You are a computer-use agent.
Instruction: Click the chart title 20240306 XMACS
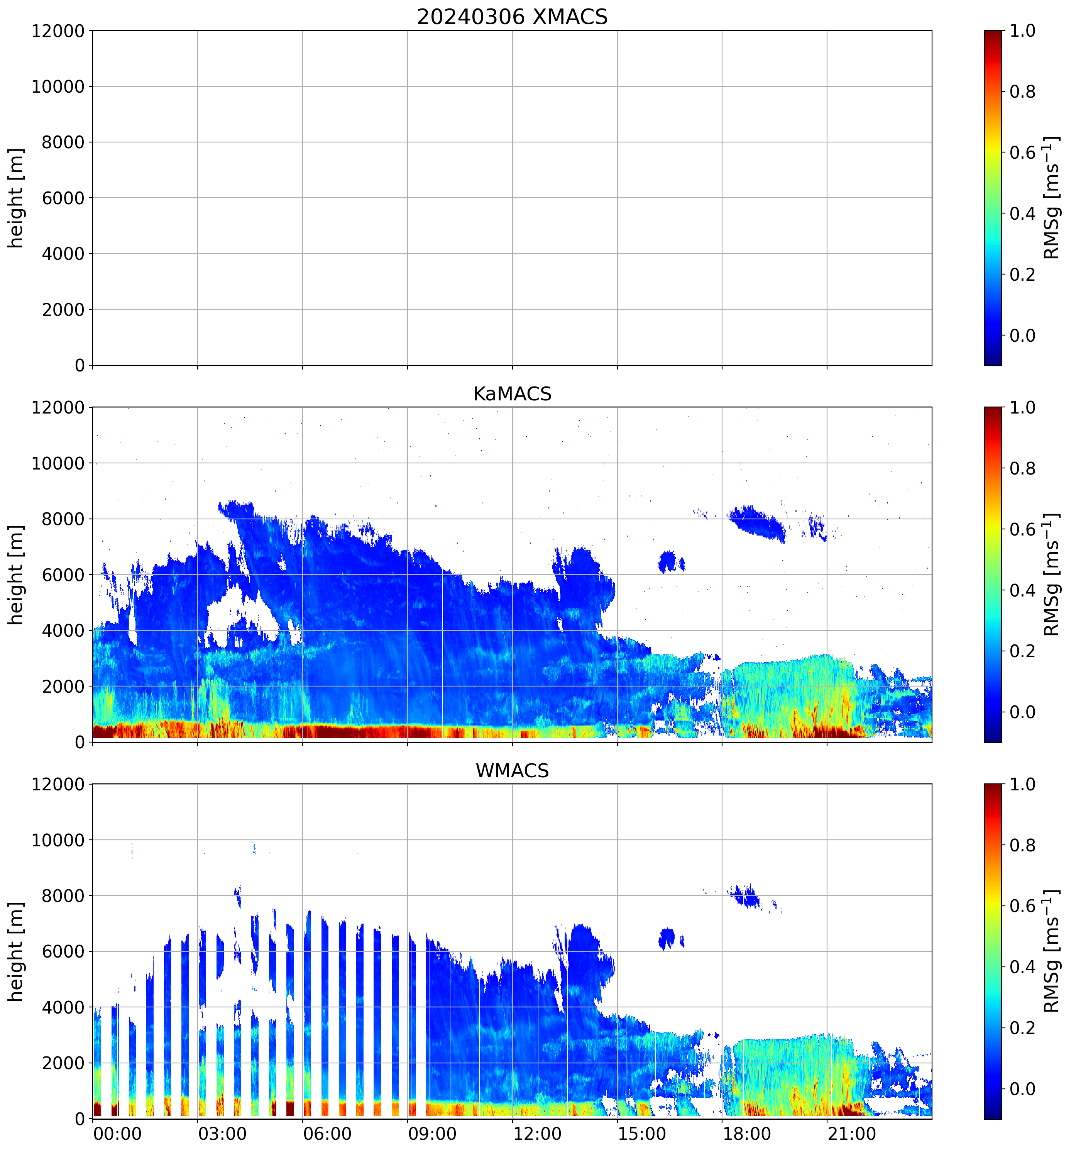coord(512,17)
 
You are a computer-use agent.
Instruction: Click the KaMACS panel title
coord(512,394)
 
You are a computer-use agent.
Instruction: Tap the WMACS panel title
coord(512,771)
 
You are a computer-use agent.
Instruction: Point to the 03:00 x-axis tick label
coord(223,1134)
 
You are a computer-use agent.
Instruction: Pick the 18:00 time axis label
coord(747,1134)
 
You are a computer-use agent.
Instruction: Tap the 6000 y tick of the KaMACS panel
coord(63,575)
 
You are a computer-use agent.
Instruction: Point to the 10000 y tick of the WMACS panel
coord(58,840)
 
